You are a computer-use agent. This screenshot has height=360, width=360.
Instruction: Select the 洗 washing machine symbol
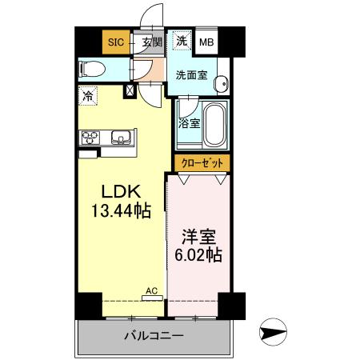pos(182,41)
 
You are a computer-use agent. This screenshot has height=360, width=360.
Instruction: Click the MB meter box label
pos(206,42)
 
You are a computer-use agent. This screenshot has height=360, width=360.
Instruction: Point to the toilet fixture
pos(90,70)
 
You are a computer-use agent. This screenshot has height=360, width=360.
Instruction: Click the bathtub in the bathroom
pos(215,123)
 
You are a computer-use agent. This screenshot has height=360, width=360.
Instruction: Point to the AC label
pos(150,292)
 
